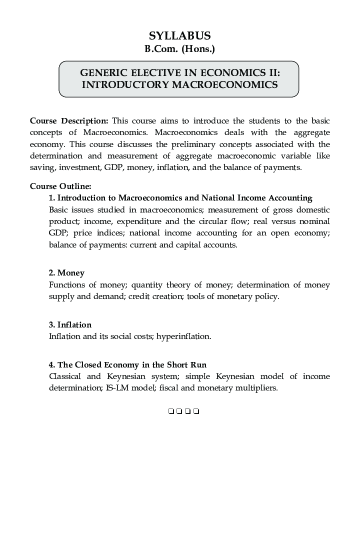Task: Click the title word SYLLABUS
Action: (179, 35)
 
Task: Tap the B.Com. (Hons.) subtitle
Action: (179, 49)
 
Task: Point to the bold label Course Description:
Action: (69, 121)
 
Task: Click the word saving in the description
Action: (41, 167)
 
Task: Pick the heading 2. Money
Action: (66, 273)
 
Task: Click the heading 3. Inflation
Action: (70, 325)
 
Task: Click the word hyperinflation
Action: (183, 336)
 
